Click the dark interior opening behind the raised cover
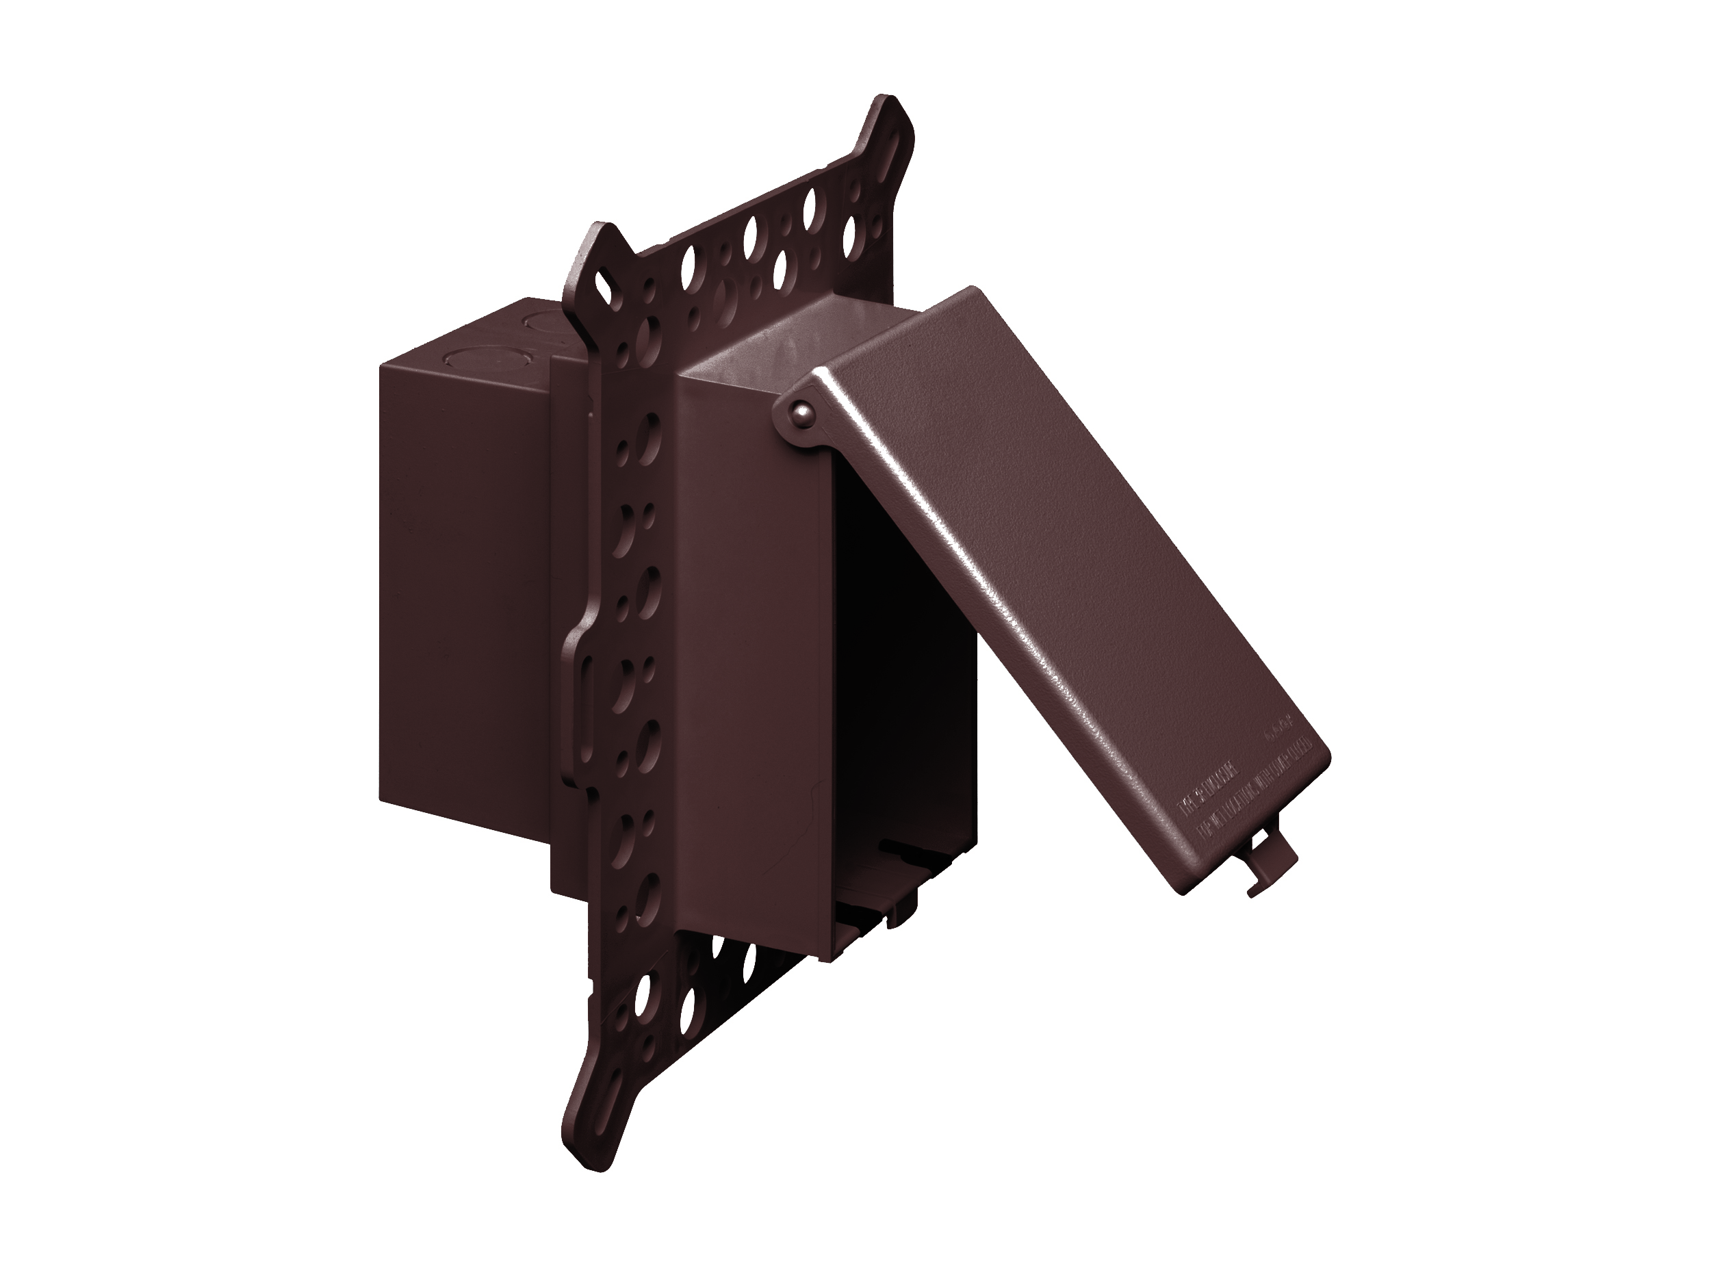tap(904, 651)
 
